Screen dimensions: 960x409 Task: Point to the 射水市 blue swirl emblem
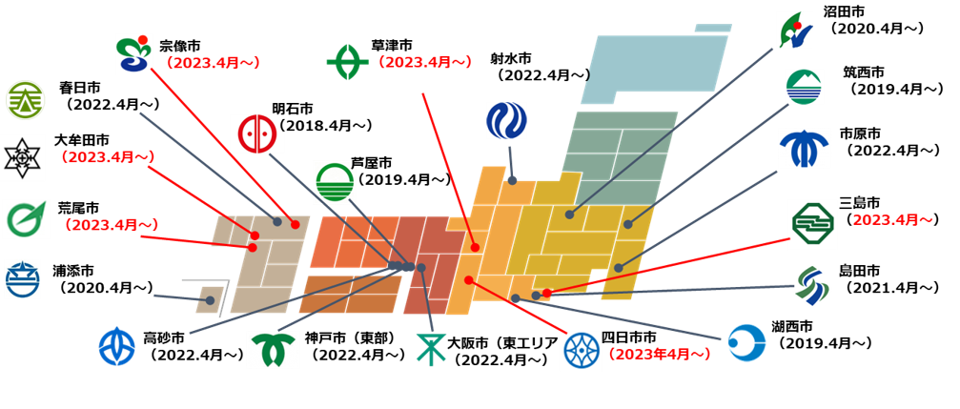click(505, 121)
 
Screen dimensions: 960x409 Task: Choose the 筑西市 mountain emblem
click(804, 88)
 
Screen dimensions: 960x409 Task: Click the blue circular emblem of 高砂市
click(117, 346)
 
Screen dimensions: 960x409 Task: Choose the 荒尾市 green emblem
click(27, 218)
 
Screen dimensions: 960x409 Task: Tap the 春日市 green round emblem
click(24, 100)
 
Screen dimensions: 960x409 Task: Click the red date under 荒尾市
click(112, 225)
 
